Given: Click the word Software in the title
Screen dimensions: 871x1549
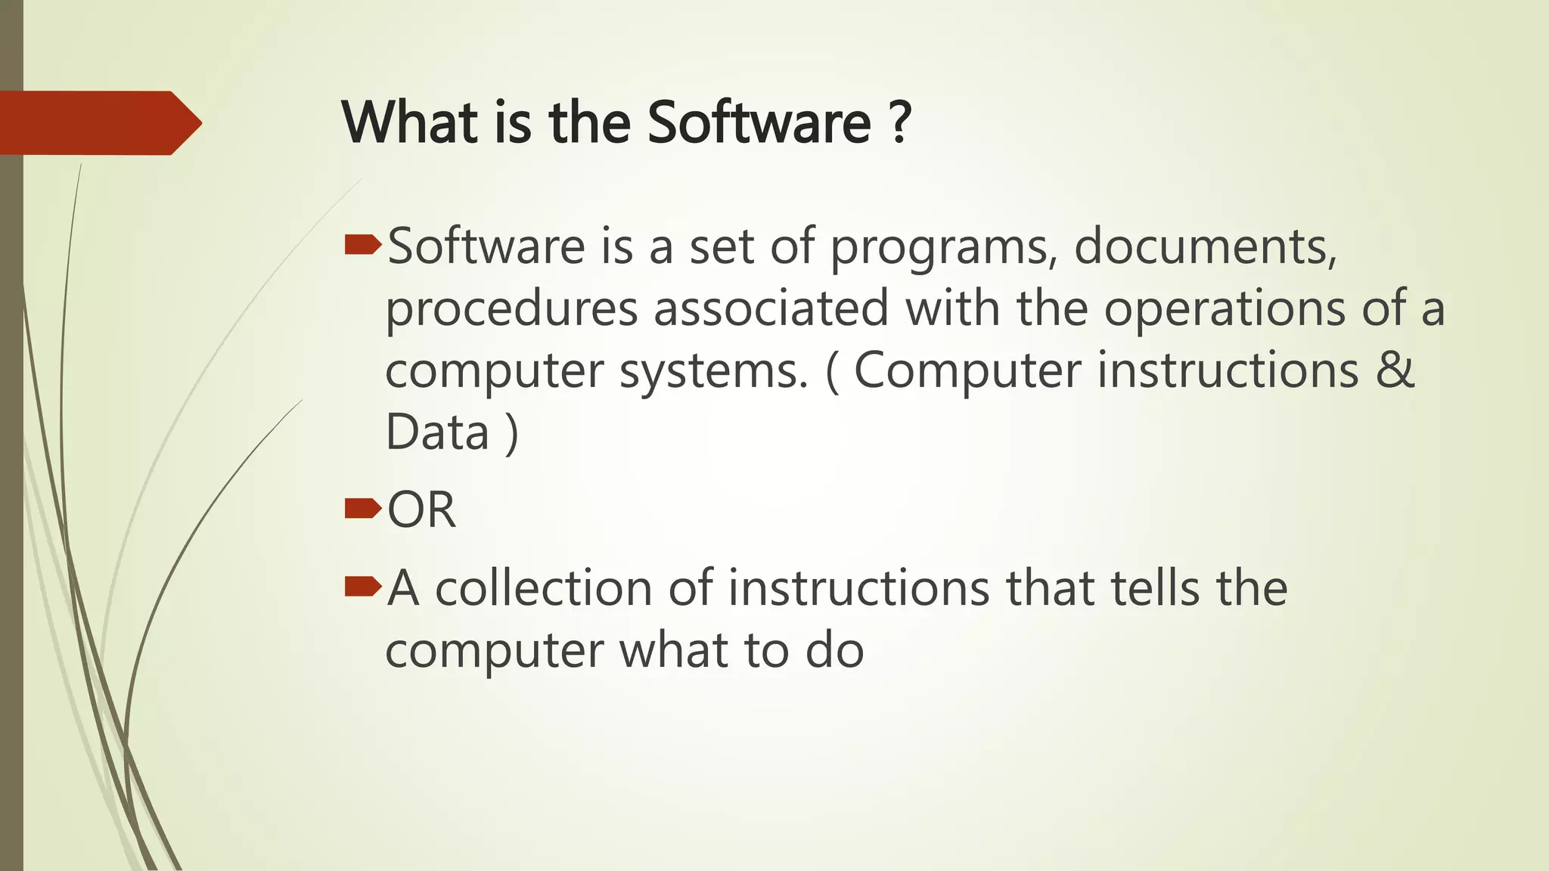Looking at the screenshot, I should pos(759,122).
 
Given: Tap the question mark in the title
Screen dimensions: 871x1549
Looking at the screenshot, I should pos(899,122).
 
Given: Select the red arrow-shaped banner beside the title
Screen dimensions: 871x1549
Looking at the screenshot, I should pos(98,122).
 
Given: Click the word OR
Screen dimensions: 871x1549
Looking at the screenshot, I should pos(421,510).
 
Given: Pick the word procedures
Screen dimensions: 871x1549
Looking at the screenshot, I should pos(512,310).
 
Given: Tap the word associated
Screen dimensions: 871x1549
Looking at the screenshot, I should pos(771,308).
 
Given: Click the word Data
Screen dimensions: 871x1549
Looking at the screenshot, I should pos(437,432).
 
